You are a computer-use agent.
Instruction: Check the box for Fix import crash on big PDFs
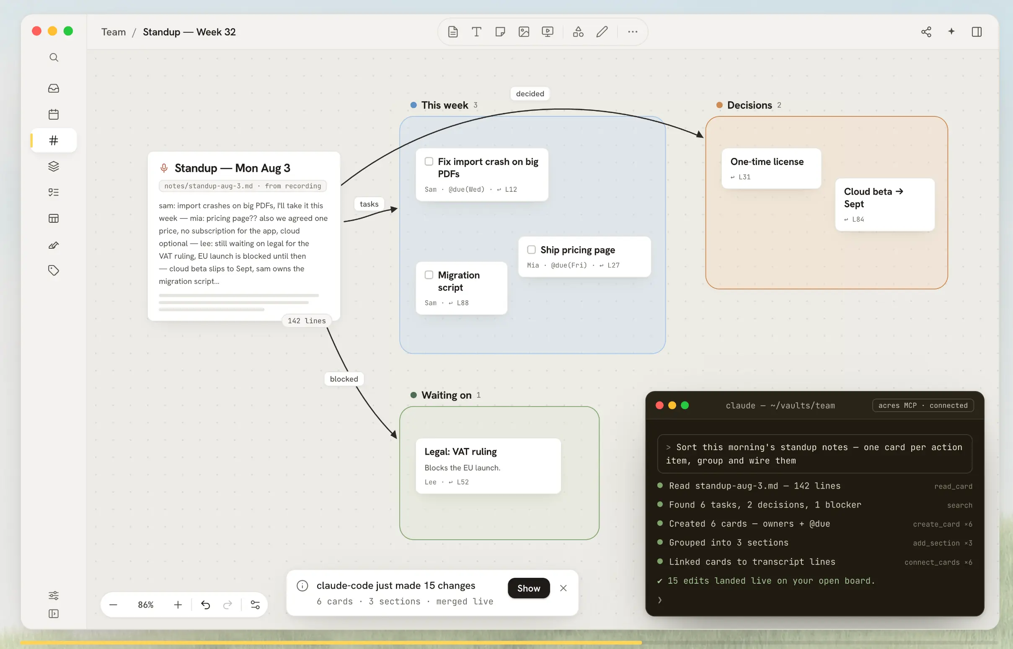(429, 161)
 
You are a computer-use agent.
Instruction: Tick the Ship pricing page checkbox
(532, 250)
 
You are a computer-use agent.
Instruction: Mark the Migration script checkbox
(429, 275)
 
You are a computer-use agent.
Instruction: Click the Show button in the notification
(529, 588)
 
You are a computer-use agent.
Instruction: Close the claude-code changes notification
(563, 588)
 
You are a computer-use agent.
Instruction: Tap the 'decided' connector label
(530, 93)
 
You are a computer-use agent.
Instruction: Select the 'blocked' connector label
(344, 379)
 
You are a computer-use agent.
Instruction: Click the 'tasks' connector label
(369, 204)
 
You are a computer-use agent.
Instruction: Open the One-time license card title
(767, 161)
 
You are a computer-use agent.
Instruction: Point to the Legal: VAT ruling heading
(460, 451)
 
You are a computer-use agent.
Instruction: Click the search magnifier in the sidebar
(54, 57)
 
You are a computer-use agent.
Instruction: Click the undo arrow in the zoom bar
(205, 605)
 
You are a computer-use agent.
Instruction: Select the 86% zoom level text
(145, 605)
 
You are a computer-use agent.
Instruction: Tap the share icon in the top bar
(926, 32)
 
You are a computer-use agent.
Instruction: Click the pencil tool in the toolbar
(602, 31)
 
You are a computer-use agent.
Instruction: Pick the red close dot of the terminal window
(660, 405)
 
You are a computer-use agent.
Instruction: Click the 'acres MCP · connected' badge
(923, 405)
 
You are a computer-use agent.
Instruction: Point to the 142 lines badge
(307, 321)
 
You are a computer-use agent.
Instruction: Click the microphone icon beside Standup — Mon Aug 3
(164, 168)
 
